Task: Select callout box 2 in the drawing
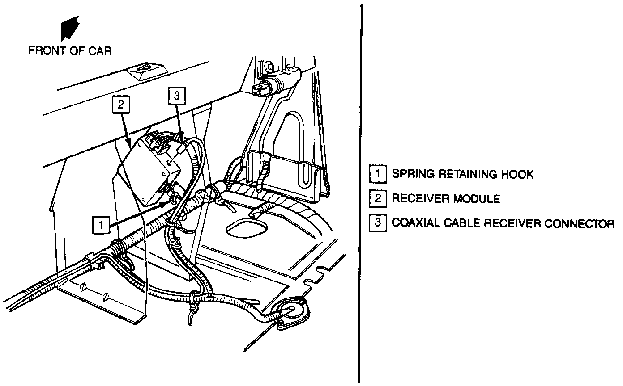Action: [120, 105]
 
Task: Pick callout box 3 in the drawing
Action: [176, 95]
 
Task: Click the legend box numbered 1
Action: [378, 174]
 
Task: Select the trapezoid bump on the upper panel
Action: [144, 71]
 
